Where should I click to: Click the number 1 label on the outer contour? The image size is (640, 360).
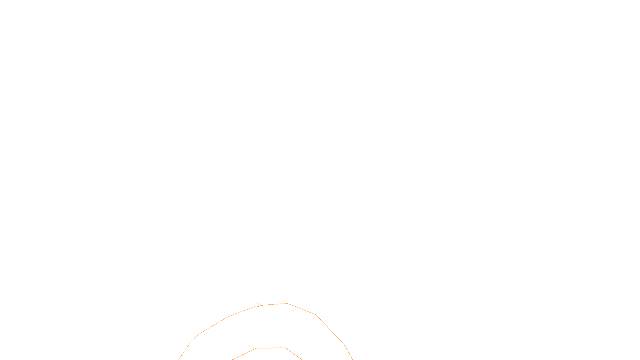pyautogui.click(x=258, y=305)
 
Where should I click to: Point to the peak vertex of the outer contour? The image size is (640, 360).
pyautogui.click(x=287, y=304)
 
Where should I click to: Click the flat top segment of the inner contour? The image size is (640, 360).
pyautogui.click(x=271, y=348)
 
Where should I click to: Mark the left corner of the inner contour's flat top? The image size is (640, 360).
pyautogui.click(x=256, y=348)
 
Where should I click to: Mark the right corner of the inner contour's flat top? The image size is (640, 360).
pyautogui.click(x=285, y=348)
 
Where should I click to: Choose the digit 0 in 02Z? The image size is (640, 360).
pyautogui.click(x=301, y=354)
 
